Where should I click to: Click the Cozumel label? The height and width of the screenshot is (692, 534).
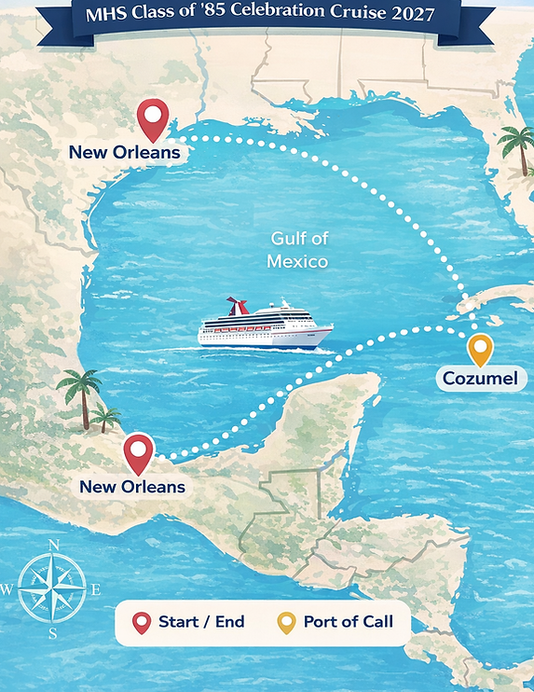(482, 379)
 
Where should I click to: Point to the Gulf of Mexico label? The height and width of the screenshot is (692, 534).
(297, 249)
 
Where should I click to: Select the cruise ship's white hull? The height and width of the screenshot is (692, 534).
(266, 336)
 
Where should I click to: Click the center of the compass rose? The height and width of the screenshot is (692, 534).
(52, 588)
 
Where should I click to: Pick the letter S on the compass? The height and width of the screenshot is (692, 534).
(53, 634)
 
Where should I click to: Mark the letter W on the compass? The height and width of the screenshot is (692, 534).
(7, 589)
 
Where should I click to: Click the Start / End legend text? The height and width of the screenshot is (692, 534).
(201, 622)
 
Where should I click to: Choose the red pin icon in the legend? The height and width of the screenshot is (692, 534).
(142, 623)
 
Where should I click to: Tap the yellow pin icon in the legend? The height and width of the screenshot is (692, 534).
(287, 623)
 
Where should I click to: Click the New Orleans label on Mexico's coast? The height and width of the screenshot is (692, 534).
(131, 486)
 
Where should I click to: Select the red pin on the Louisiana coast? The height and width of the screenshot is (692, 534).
(152, 118)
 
